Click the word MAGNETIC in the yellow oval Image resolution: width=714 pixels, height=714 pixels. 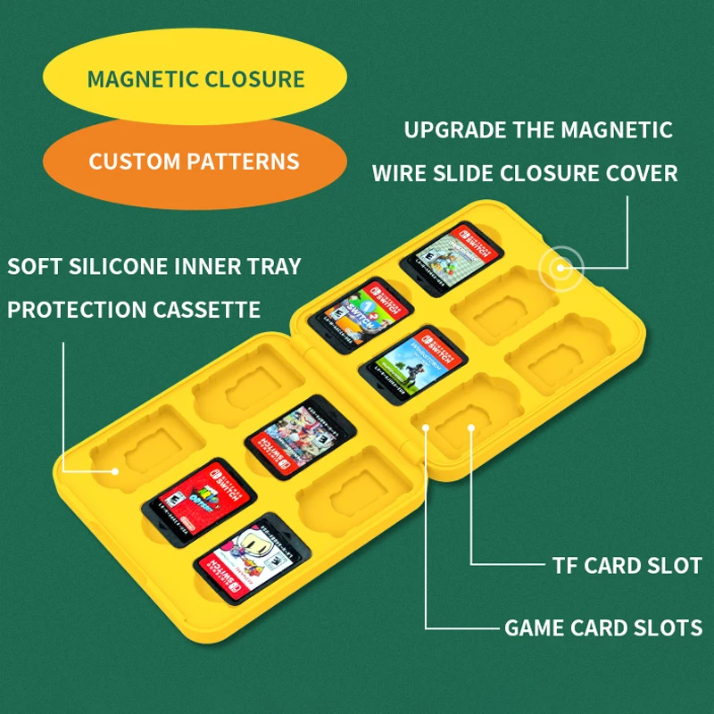point(142,79)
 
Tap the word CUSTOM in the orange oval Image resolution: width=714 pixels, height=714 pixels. point(133,162)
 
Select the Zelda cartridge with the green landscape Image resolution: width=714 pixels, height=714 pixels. point(412,363)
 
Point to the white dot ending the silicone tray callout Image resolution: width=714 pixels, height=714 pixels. point(115,470)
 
